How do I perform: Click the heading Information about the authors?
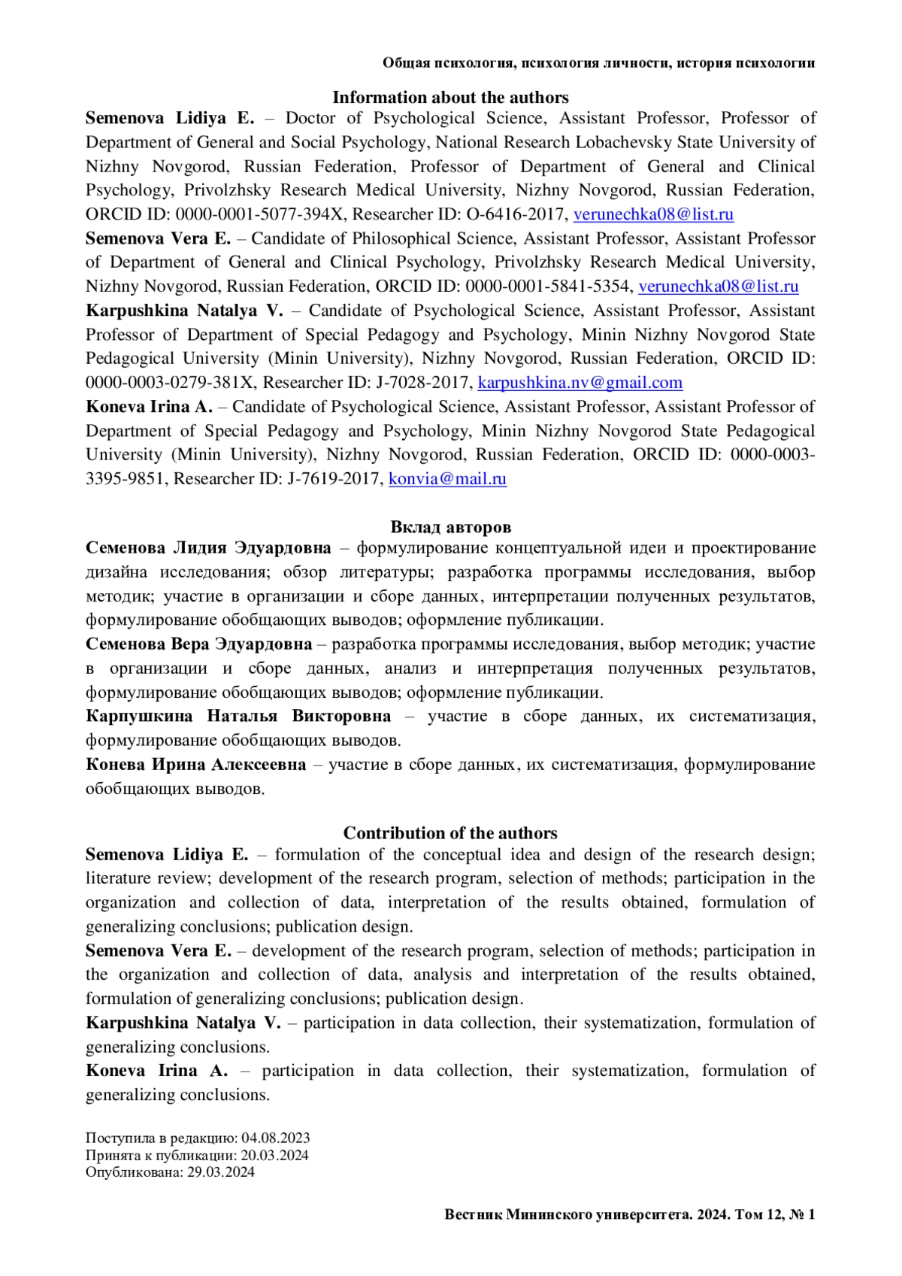coord(450,98)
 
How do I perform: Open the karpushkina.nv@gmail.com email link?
coord(580,383)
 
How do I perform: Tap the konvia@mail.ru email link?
coord(447,479)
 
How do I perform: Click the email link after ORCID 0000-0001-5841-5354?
coord(718,286)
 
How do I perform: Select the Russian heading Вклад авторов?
coord(450,527)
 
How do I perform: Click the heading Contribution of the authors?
coord(450,833)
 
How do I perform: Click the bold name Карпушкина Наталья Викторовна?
coord(238,716)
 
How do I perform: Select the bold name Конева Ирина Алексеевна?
coord(195,765)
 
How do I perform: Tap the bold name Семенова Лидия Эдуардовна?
coord(208,547)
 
